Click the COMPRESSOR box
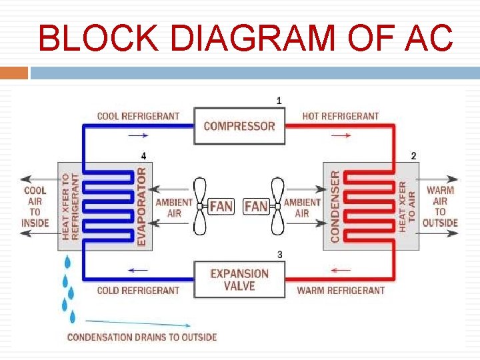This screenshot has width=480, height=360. pyautogui.click(x=239, y=126)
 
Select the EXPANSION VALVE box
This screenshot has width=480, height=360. pyautogui.click(x=239, y=279)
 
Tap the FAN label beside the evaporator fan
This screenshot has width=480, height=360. pyautogui.click(x=221, y=206)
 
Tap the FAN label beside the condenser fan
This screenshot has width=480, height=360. pyautogui.click(x=257, y=206)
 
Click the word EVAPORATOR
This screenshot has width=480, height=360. pyautogui.click(x=141, y=206)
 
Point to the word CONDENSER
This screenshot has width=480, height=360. pyautogui.click(x=335, y=206)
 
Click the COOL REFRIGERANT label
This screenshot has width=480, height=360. pyautogui.click(x=138, y=116)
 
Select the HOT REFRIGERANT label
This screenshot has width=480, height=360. pyautogui.click(x=340, y=116)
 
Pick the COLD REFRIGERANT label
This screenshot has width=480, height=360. pyautogui.click(x=138, y=291)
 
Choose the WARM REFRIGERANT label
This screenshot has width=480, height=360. pyautogui.click(x=340, y=291)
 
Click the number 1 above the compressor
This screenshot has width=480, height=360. pyautogui.click(x=279, y=101)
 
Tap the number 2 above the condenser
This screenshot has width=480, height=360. pyautogui.click(x=413, y=155)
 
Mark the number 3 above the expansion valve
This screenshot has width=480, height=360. pyautogui.click(x=279, y=254)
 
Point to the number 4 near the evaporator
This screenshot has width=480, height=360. pyautogui.click(x=143, y=155)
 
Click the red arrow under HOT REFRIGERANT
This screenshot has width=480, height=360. pyautogui.click(x=341, y=135)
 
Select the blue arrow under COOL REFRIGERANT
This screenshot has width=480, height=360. pyautogui.click(x=138, y=135)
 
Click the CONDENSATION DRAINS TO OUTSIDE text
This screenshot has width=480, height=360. pyautogui.click(x=142, y=337)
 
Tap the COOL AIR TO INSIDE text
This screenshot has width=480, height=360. pyautogui.click(x=35, y=206)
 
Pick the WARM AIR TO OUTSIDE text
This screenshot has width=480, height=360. pyautogui.click(x=440, y=206)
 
